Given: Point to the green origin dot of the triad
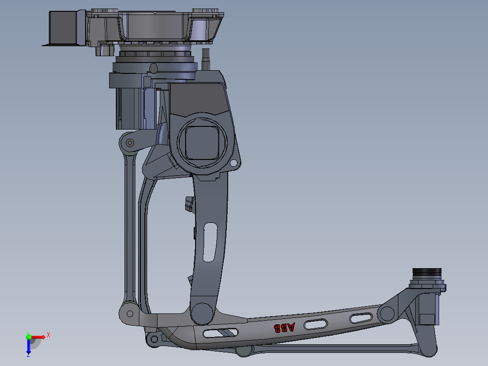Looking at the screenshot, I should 29,337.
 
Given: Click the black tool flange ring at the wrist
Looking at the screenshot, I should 426,272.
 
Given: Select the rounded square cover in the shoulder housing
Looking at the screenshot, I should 202,143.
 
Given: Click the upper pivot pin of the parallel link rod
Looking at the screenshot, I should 129,143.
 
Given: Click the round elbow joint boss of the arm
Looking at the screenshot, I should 202,313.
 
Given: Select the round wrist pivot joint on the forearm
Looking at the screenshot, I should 387,313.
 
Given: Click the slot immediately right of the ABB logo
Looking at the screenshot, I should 316,324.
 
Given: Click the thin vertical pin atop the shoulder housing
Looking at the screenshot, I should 206,58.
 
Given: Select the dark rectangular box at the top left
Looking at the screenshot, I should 63,27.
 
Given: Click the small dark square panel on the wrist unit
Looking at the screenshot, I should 426,318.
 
